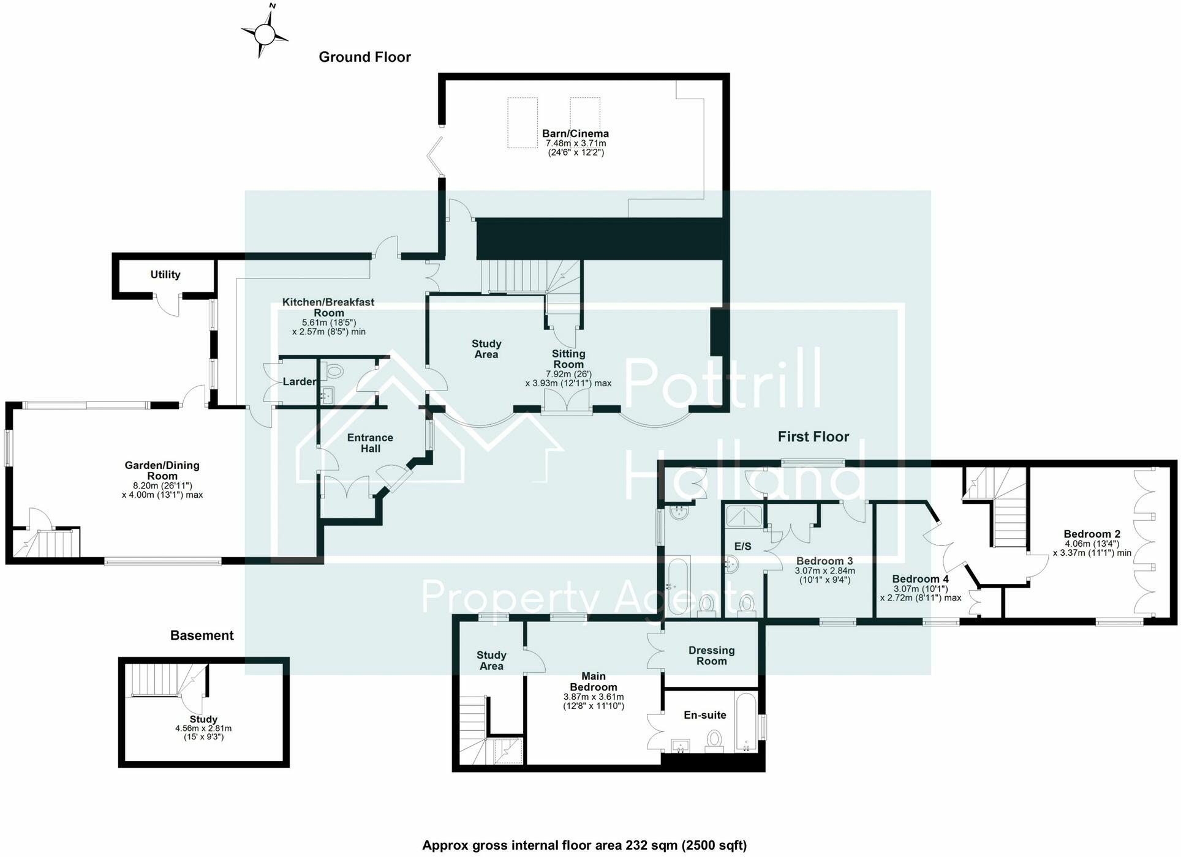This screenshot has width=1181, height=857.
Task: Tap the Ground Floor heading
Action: [364, 57]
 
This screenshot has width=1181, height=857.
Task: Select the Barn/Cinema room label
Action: [575, 133]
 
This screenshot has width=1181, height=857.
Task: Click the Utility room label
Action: [165, 274]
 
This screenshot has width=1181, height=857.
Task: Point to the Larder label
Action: [300, 381]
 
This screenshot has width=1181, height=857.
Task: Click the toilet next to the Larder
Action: [334, 370]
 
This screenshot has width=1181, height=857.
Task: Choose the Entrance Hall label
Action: [370, 443]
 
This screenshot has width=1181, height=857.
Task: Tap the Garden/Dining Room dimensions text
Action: [162, 490]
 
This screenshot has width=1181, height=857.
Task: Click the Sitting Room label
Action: [568, 359]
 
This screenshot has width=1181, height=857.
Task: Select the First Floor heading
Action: [813, 436]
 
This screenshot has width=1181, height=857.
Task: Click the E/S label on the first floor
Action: [742, 546]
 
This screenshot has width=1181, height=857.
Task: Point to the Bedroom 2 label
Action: [1092, 534]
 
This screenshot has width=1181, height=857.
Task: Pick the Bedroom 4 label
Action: [920, 578]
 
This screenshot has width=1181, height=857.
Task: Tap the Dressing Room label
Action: [711, 656]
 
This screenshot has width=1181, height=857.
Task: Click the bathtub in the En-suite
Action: [746, 722]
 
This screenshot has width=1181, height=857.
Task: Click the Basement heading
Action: [202, 635]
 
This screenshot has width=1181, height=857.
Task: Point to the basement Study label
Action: [203, 719]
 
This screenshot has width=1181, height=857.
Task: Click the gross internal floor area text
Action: [584, 845]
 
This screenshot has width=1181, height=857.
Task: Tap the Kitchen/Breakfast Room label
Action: [328, 307]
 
